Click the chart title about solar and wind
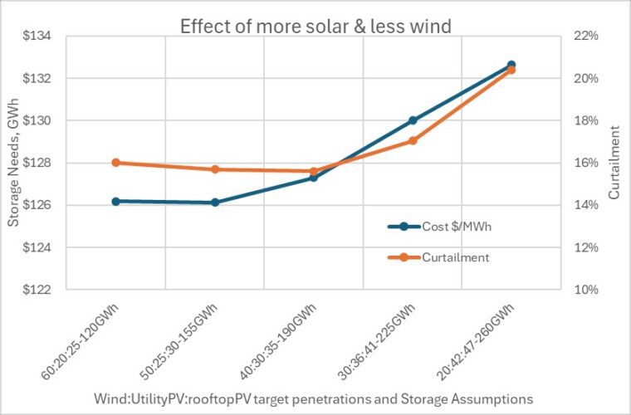coord(315,27)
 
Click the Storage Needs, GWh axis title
coord(13,164)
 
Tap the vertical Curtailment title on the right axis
coord(614,163)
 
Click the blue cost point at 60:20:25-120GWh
coord(116,201)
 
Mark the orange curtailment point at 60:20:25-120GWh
coord(116,163)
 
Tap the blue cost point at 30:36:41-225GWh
coord(413,120)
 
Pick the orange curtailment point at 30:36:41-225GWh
coord(413,140)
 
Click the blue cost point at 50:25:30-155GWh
coord(215,203)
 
